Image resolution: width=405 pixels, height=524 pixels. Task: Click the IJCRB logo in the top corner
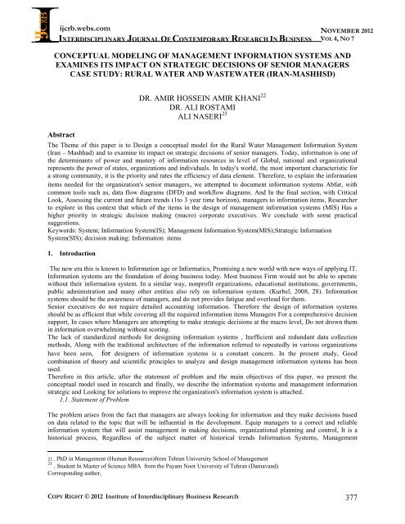(18, 20)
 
